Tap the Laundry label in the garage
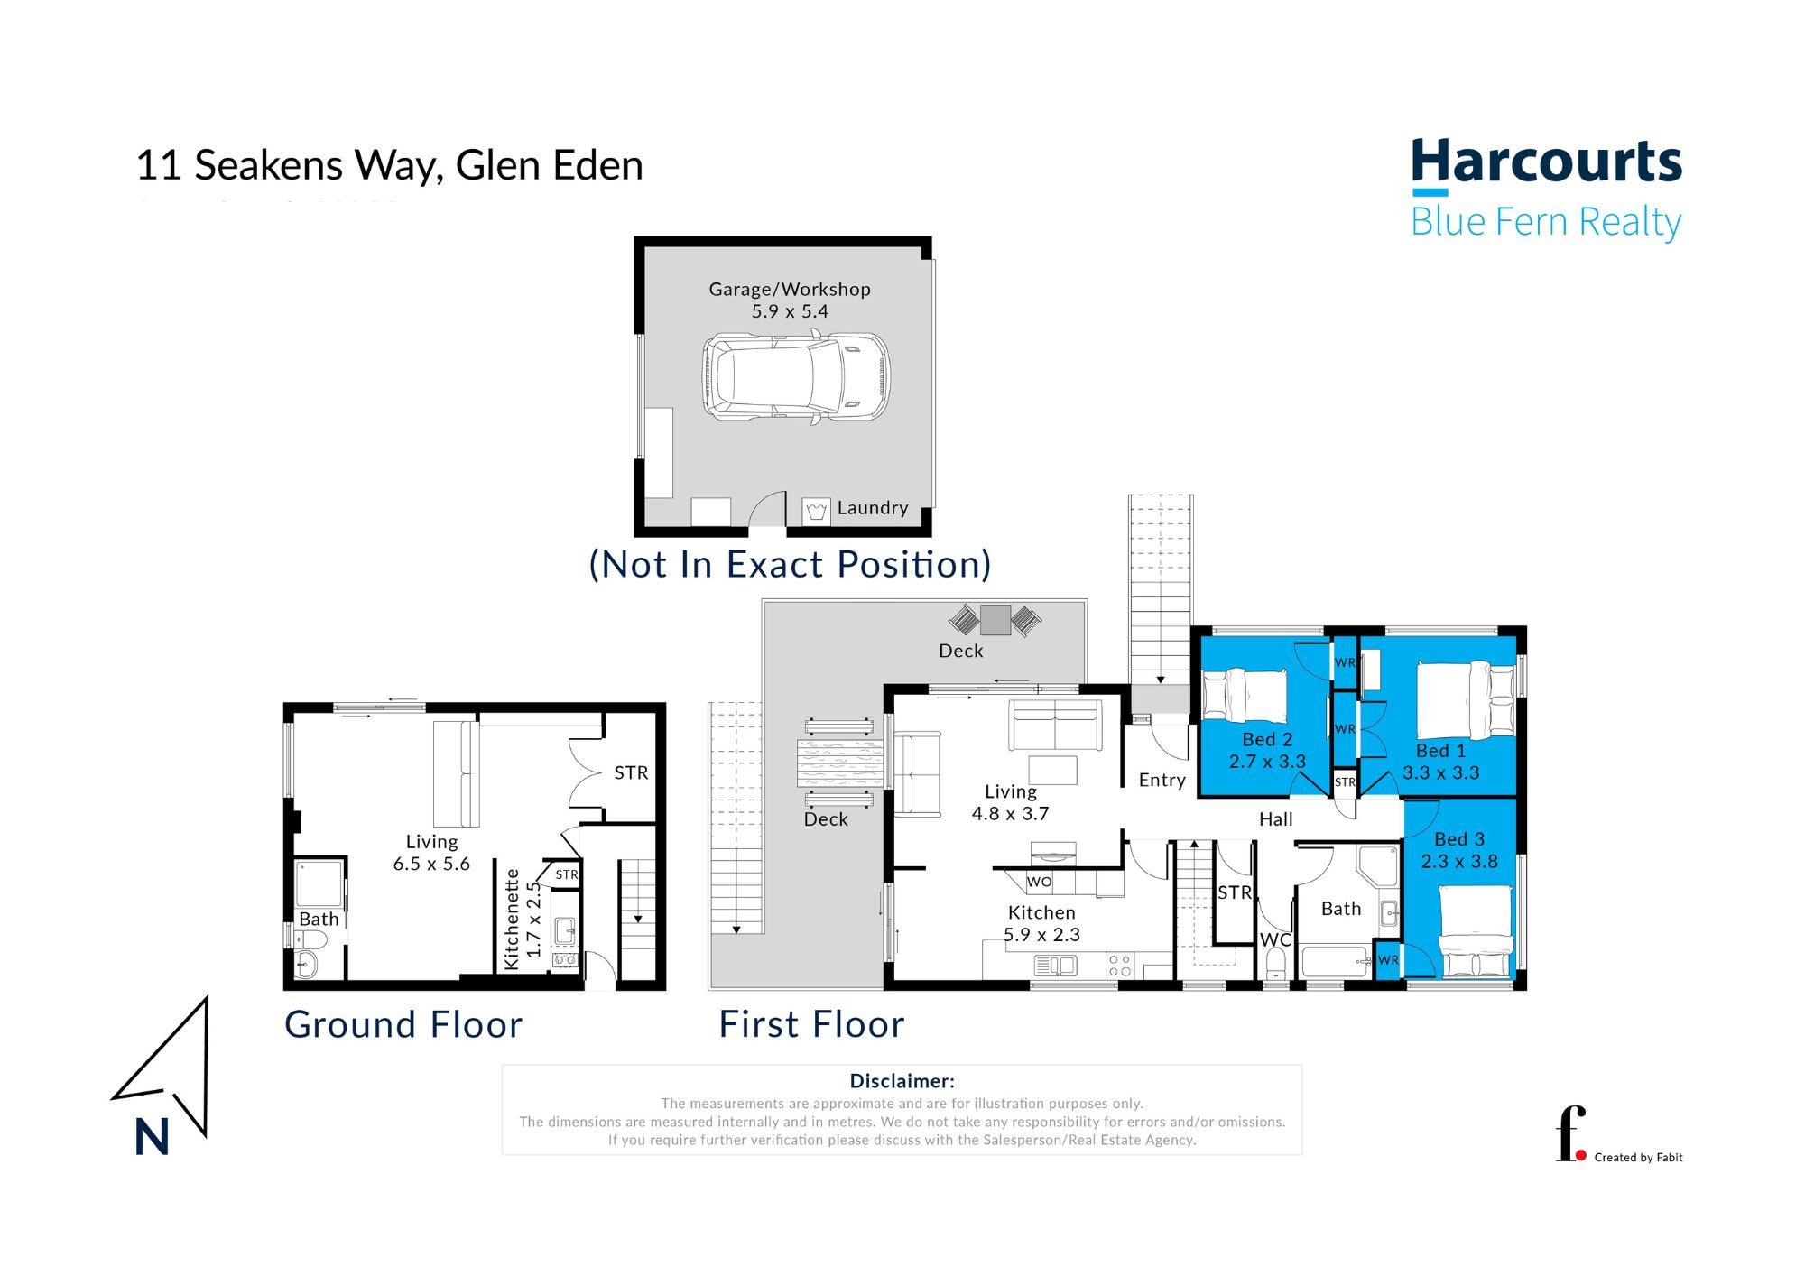[x=872, y=508]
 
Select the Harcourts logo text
[x=1546, y=163]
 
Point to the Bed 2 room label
[x=1267, y=739]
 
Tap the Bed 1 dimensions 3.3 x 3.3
[x=1440, y=772]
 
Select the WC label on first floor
[x=1275, y=939]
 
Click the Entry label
[x=1162, y=780]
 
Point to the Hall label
[x=1275, y=819]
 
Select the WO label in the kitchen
[x=1039, y=882]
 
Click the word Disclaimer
[x=902, y=1080]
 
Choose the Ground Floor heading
[x=403, y=1024]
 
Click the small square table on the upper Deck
[x=995, y=619]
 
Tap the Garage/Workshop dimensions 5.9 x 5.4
[x=790, y=311]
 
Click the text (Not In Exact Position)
[x=790, y=564]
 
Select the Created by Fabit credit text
[x=1637, y=1157]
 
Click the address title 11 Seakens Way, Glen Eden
[x=389, y=165]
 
